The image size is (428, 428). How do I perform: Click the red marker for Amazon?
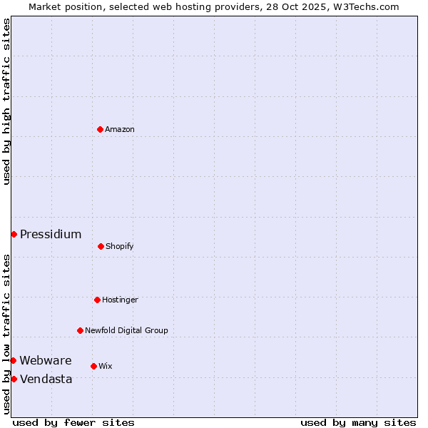[100, 129]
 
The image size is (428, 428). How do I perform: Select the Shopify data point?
[101, 246]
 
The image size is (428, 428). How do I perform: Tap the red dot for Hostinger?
[97, 300]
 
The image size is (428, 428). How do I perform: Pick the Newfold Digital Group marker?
[80, 330]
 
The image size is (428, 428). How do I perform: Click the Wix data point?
[93, 366]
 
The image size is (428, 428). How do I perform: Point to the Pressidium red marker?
[14, 234]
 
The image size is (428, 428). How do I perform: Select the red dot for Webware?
[13, 360]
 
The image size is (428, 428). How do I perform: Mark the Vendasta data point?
[14, 379]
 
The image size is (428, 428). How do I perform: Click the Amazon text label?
[120, 129]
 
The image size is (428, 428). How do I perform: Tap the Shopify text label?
[120, 246]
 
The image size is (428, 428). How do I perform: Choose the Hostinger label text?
[120, 300]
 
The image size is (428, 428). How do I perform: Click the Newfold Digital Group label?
[126, 330]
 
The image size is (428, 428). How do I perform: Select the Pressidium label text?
[51, 234]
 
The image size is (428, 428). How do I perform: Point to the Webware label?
[46, 360]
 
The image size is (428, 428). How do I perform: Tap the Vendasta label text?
[46, 379]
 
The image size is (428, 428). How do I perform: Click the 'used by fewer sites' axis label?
[73, 422]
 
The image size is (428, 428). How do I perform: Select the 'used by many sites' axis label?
[358, 422]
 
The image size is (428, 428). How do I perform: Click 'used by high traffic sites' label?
[6, 101]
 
